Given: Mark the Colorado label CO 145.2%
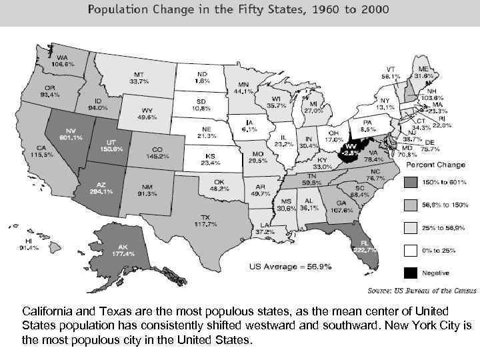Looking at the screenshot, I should pyautogui.click(x=157, y=153).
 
